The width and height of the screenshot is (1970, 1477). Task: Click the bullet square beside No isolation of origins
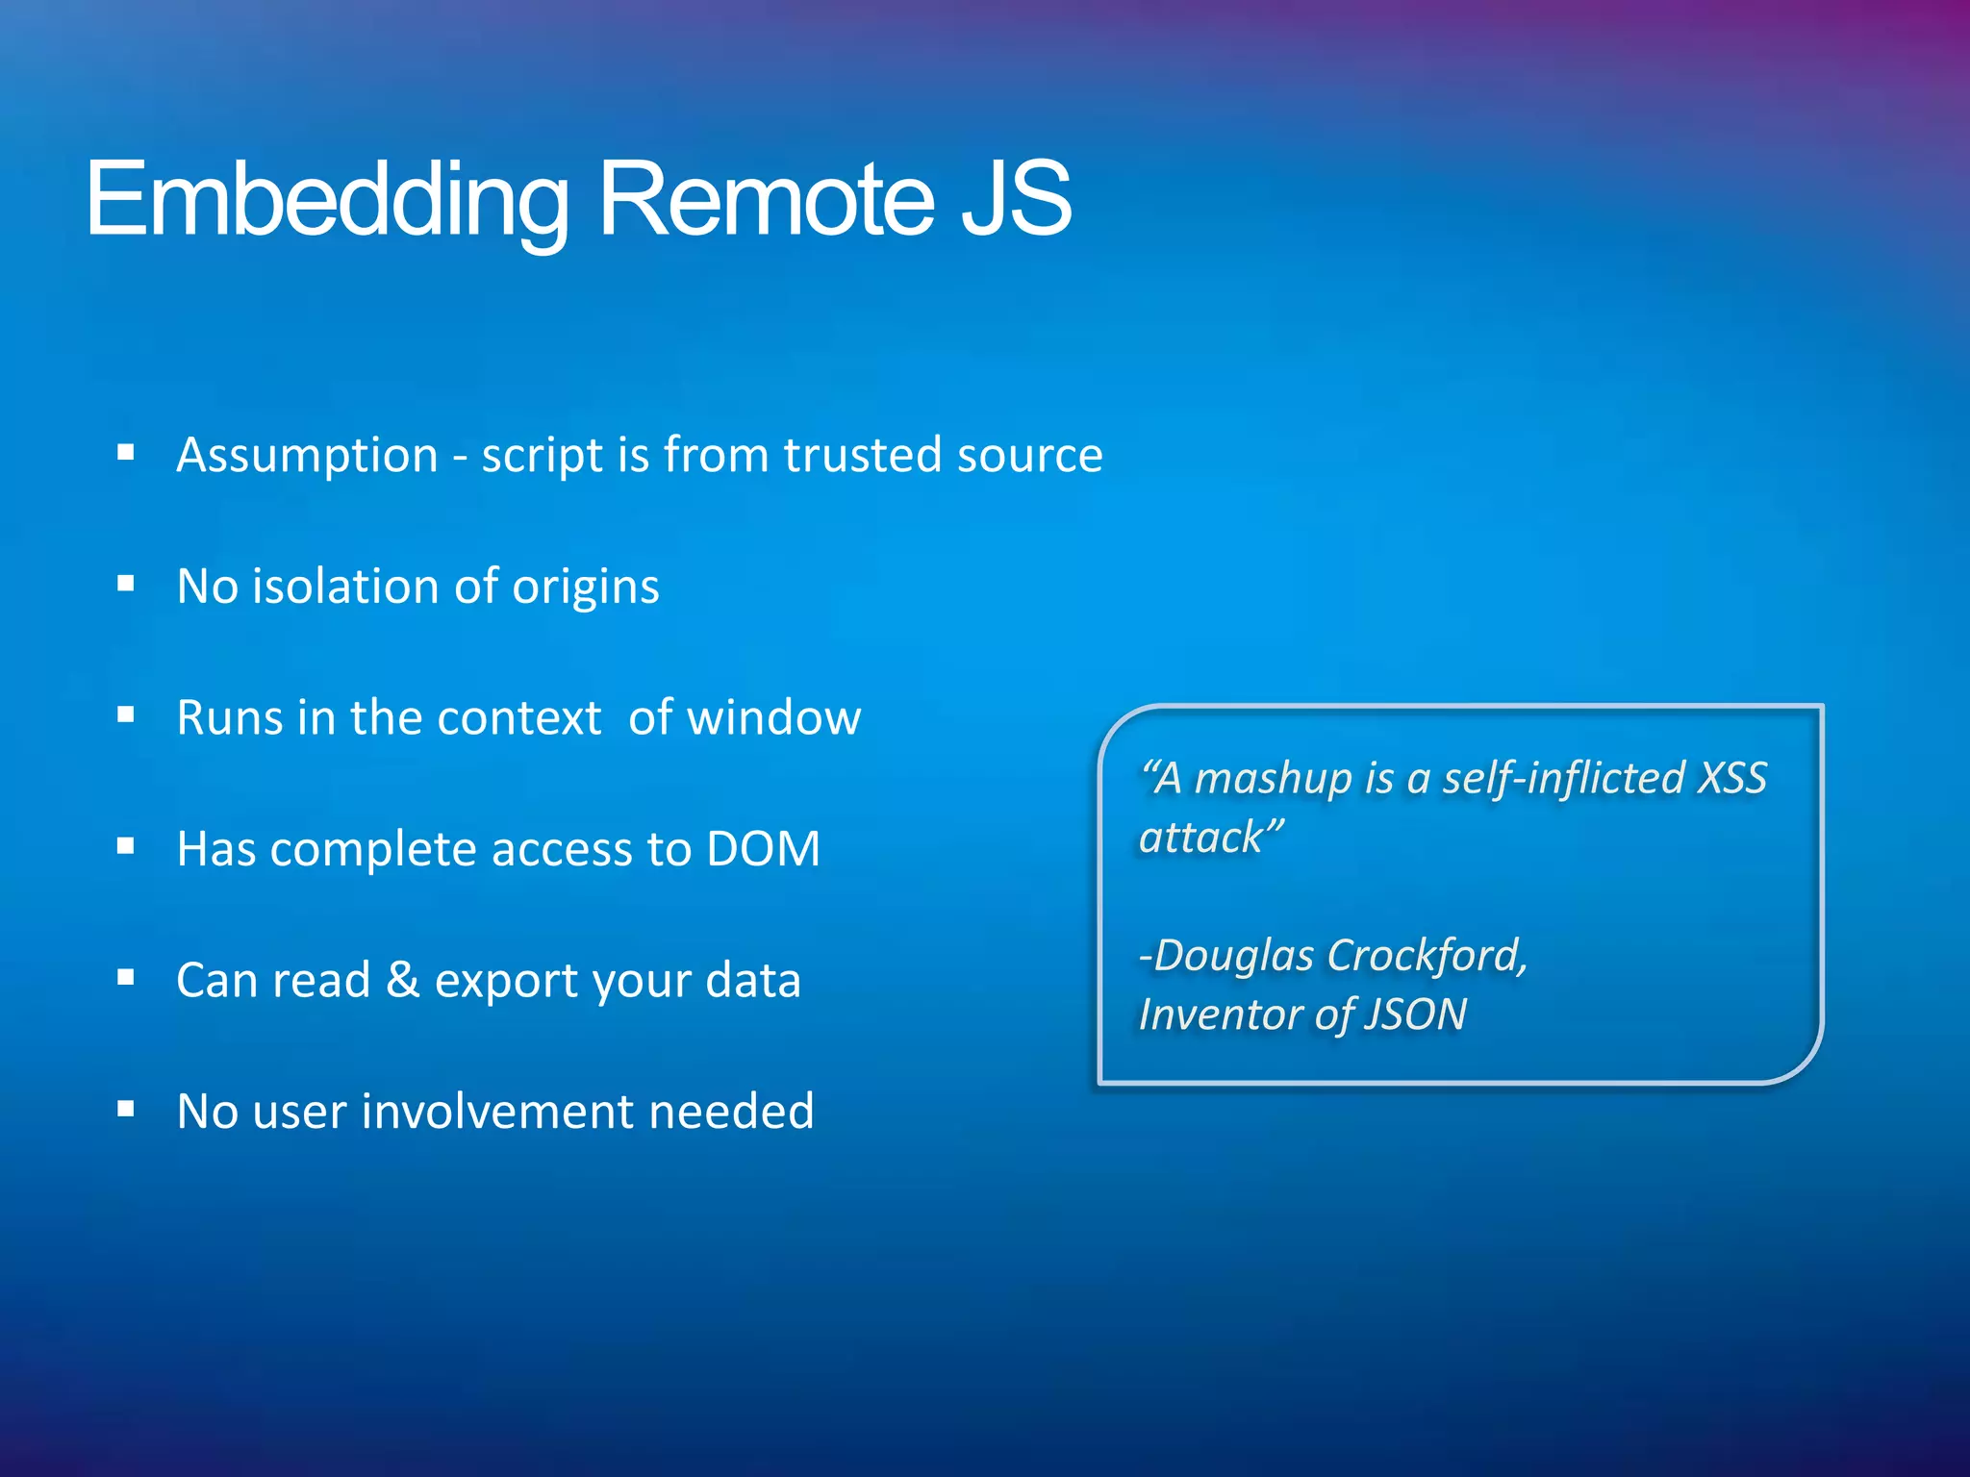(125, 584)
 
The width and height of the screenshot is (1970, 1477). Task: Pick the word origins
(585, 587)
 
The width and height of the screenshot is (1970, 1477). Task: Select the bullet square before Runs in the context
(125, 714)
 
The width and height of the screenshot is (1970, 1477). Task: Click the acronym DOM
(763, 849)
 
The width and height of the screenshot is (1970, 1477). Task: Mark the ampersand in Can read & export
(402, 980)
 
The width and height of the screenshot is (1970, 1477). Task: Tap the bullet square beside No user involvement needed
(125, 1109)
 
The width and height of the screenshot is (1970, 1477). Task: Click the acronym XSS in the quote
(1731, 778)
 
